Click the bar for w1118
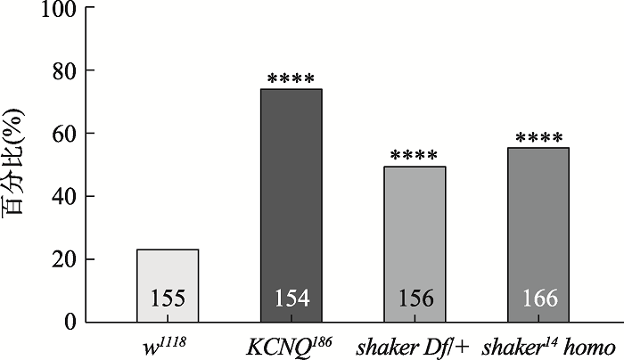pyautogui.click(x=168, y=276)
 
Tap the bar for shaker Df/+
pyautogui.click(x=414, y=236)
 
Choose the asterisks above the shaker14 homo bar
pyautogui.click(x=538, y=140)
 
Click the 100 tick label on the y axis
pyautogui.click(x=55, y=8)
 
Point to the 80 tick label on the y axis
pyautogui.click(x=62, y=70)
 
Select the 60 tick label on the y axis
pyautogui.click(x=62, y=134)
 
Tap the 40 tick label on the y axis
pyautogui.click(x=62, y=196)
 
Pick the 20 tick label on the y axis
pyautogui.click(x=62, y=259)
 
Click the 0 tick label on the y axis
pyautogui.click(x=68, y=322)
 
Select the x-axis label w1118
pyautogui.click(x=167, y=343)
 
